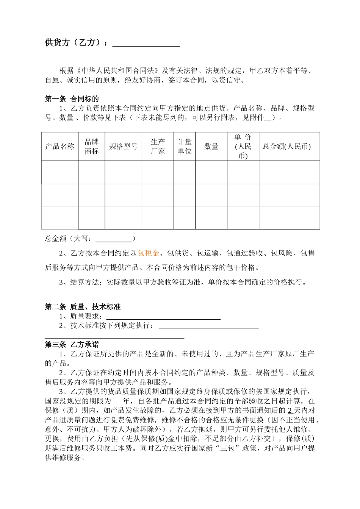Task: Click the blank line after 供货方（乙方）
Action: [146, 44]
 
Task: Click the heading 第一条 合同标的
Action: [72, 99]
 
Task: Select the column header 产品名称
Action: [60, 147]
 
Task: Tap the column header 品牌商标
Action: [92, 147]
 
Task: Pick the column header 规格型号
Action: [124, 147]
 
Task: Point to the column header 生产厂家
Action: [158, 147]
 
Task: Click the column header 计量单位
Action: [185, 147]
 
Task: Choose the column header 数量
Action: [211, 147]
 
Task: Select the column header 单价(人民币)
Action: [243, 147]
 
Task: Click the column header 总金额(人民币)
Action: [287, 147]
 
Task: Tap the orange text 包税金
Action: [148, 253]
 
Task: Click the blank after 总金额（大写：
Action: [113, 239]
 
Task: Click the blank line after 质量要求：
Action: [163, 316]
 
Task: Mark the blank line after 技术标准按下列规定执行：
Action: [209, 326]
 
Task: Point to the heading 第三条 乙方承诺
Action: [72, 345]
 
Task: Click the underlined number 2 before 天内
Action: [290, 411]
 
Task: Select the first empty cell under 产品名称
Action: [60, 172]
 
